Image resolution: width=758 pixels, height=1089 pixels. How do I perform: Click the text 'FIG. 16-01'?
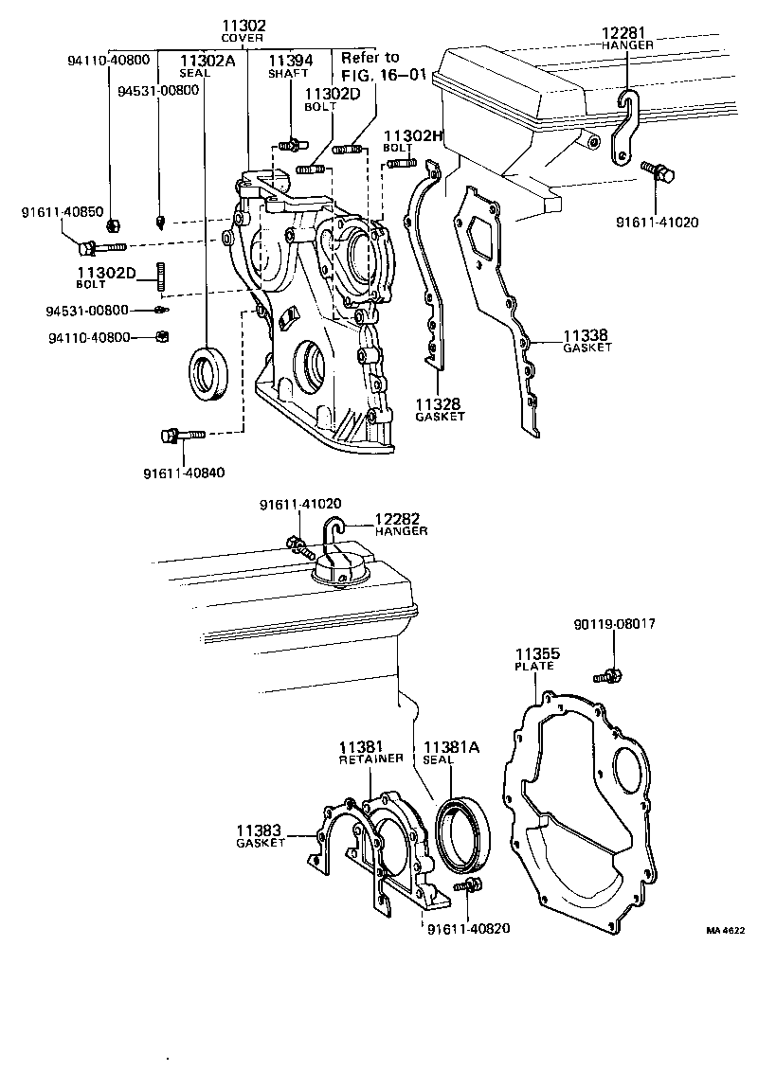pyautogui.click(x=384, y=74)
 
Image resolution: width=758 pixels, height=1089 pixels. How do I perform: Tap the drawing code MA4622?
pyautogui.click(x=726, y=931)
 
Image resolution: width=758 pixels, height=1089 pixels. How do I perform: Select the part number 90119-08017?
pyautogui.click(x=614, y=624)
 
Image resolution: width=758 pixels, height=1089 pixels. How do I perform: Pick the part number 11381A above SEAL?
pyautogui.click(x=451, y=746)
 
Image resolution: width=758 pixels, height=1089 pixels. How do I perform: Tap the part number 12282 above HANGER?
pyautogui.click(x=401, y=519)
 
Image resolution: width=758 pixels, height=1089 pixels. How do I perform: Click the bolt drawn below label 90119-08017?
pyautogui.click(x=606, y=676)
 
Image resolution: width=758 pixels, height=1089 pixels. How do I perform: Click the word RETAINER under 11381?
pyautogui.click(x=371, y=759)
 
